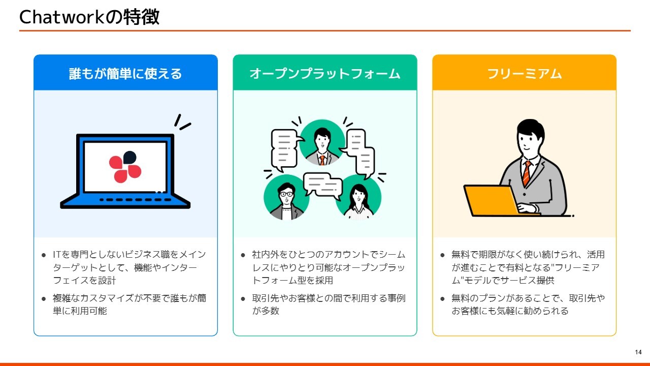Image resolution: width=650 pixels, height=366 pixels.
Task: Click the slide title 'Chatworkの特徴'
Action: coord(89,17)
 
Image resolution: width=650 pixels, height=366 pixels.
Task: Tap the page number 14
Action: coord(638,352)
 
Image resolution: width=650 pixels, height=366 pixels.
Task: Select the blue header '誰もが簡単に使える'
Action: coord(125,74)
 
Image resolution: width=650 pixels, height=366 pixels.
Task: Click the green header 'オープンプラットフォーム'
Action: coord(325,74)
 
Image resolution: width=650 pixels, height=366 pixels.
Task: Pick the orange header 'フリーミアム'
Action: coord(525,74)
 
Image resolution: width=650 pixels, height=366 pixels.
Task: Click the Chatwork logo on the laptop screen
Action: coord(125,167)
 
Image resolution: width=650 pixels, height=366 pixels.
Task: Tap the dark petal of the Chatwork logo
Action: coord(129,157)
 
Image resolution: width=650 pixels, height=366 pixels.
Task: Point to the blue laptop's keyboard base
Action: coord(125,201)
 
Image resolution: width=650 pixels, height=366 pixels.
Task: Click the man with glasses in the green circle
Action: coord(286,201)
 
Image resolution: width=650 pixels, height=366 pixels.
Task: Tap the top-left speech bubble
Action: coord(284,149)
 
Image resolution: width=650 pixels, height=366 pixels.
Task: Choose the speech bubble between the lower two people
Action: coord(322,185)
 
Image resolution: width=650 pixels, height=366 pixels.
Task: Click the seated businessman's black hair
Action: coord(531,129)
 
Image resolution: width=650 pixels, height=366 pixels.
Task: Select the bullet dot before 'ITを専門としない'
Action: coord(44,255)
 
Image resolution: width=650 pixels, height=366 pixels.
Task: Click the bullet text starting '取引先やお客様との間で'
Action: coord(329,304)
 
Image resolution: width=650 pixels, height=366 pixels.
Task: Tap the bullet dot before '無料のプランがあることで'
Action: coord(442,299)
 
